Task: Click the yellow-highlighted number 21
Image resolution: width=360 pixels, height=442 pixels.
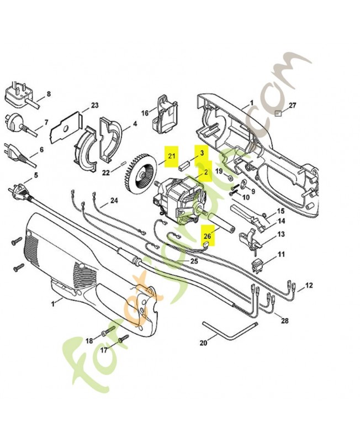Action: point(171,156)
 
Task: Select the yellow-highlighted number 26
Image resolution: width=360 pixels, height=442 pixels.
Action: point(207,236)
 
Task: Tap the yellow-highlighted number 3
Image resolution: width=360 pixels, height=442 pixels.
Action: point(202,153)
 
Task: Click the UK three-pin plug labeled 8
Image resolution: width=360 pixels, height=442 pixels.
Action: point(17,95)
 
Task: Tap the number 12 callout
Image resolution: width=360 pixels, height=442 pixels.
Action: point(309,285)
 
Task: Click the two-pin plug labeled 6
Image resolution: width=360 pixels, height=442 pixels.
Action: point(13,150)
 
